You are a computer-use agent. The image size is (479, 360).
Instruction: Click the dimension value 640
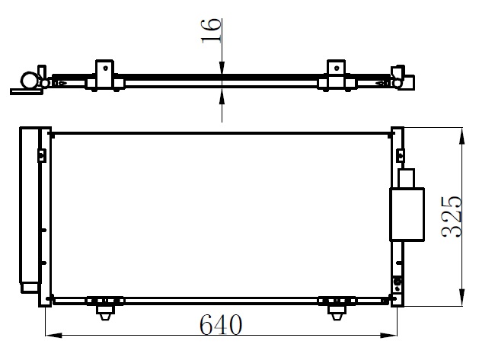pyautogui.click(x=221, y=324)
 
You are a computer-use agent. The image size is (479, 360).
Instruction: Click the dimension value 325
pyautogui.click(x=451, y=216)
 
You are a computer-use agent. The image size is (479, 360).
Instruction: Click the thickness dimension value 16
pyautogui.click(x=210, y=31)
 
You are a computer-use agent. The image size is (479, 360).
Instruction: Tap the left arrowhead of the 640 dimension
pyautogui.click(x=54, y=336)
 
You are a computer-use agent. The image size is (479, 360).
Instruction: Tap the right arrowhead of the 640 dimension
pyautogui.click(x=388, y=336)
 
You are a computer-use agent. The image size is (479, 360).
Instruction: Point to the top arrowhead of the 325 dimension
pyautogui.click(x=461, y=136)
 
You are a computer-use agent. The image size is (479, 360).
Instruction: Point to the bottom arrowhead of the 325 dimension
pyautogui.click(x=461, y=297)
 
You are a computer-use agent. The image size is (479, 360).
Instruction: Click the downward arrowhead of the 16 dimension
pyautogui.click(x=222, y=68)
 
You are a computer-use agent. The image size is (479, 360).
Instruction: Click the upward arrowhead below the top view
pyautogui.click(x=222, y=95)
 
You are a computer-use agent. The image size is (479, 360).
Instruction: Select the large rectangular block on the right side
pyautogui.click(x=407, y=215)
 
